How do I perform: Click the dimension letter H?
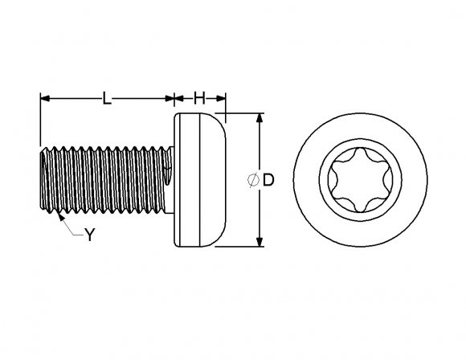coord(199,98)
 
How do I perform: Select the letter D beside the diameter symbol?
coord(268,181)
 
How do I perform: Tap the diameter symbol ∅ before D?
coord(254,181)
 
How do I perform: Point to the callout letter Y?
coord(90,235)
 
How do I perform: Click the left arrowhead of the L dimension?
coord(45,98)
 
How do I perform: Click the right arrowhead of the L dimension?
coord(170,98)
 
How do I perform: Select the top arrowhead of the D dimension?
coord(260,118)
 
